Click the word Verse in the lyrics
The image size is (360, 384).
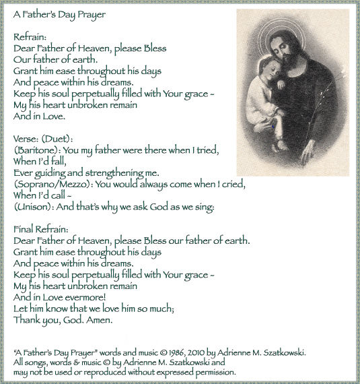(x=26, y=139)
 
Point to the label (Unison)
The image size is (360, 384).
(x=33, y=207)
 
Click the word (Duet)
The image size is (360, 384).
(x=59, y=139)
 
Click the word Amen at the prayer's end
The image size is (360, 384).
(x=100, y=320)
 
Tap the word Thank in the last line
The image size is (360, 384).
(x=27, y=320)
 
